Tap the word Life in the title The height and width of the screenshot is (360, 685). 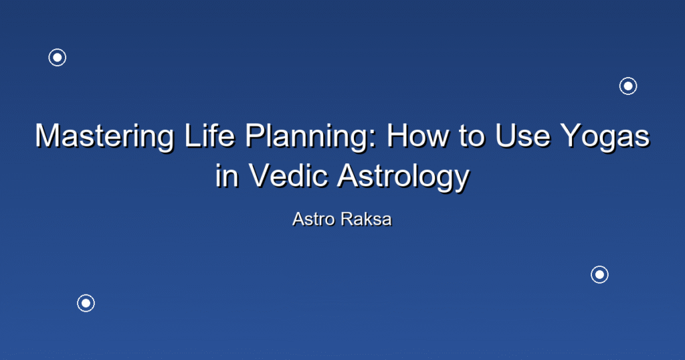pyautogui.click(x=209, y=135)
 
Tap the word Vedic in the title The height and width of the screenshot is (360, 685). pyautogui.click(x=288, y=175)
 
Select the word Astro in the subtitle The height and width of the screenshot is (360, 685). pyautogui.click(x=314, y=219)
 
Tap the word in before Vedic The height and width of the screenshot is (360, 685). pyautogui.click(x=227, y=175)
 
